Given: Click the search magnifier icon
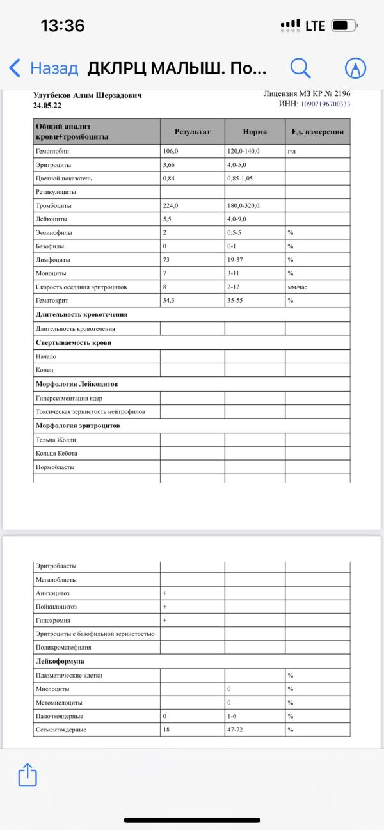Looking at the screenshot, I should tap(300, 67).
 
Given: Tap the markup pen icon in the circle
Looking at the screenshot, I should tap(355, 68).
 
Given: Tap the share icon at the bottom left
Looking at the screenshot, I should tap(28, 775).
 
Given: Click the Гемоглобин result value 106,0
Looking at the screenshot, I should tap(171, 152).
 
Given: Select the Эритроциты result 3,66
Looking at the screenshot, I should tap(169, 165).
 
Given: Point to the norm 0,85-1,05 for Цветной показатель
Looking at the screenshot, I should tap(240, 179).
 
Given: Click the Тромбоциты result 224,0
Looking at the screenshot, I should tap(171, 205).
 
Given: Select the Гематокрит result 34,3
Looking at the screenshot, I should tap(169, 301).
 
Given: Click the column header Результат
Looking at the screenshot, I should tap(192, 132).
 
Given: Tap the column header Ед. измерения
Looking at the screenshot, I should tap(317, 132).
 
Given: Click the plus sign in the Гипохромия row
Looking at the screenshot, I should tap(164, 620).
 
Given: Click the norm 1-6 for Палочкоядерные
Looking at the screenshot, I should tap(232, 716).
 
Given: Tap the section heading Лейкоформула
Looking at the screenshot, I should tap(60, 661).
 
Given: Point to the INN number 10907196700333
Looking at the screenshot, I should tap(325, 104).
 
